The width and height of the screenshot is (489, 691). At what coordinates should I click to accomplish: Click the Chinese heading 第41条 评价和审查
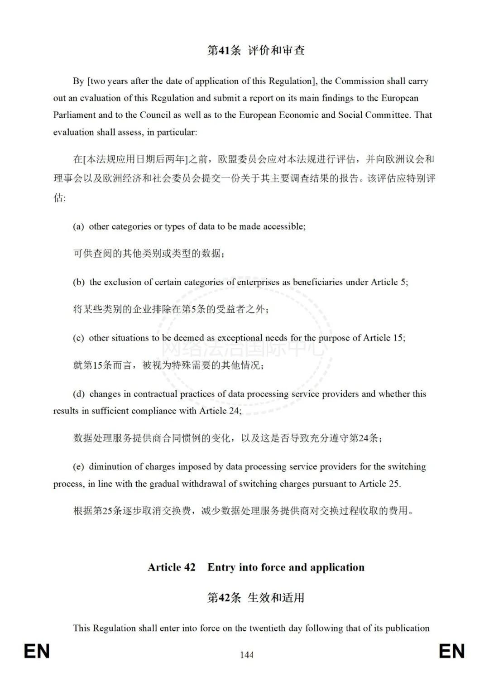256,50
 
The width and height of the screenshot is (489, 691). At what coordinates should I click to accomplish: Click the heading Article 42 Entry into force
256,567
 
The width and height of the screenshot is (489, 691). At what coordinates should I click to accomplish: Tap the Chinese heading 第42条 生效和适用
256,598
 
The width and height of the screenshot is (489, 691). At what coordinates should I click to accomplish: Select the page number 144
247,655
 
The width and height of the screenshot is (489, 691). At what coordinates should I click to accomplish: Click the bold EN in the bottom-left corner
37,652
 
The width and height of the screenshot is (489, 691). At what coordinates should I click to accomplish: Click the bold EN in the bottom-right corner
452,652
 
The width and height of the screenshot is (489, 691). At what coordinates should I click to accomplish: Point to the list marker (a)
78,226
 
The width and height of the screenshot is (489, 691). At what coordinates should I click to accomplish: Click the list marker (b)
79,282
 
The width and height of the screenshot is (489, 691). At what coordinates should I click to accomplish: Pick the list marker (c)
78,338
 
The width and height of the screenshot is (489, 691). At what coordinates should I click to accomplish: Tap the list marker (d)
79,394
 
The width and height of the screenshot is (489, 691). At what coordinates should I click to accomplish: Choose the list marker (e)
78,466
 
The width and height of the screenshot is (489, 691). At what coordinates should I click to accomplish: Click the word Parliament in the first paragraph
74,115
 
